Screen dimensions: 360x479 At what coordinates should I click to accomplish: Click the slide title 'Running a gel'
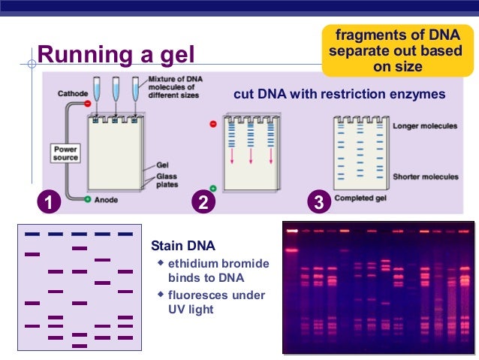point(116,54)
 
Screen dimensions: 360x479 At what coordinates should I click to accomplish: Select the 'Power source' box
point(65,153)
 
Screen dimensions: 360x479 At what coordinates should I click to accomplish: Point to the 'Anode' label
point(106,200)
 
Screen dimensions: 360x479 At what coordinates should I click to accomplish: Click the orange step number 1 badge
point(49,202)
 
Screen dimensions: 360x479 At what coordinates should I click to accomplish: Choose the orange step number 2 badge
point(201,202)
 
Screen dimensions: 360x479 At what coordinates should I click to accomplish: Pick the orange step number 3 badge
point(319,202)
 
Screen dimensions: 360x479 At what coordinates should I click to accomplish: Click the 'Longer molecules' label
point(425,126)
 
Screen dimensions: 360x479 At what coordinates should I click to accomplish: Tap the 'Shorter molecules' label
point(425,177)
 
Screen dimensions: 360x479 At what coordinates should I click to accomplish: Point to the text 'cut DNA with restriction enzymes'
point(340,95)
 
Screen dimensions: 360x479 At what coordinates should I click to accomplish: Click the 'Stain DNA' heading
point(182,246)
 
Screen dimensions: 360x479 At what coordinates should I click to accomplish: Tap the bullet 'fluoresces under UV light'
point(216,302)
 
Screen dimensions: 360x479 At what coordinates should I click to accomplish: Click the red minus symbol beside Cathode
point(88,103)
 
